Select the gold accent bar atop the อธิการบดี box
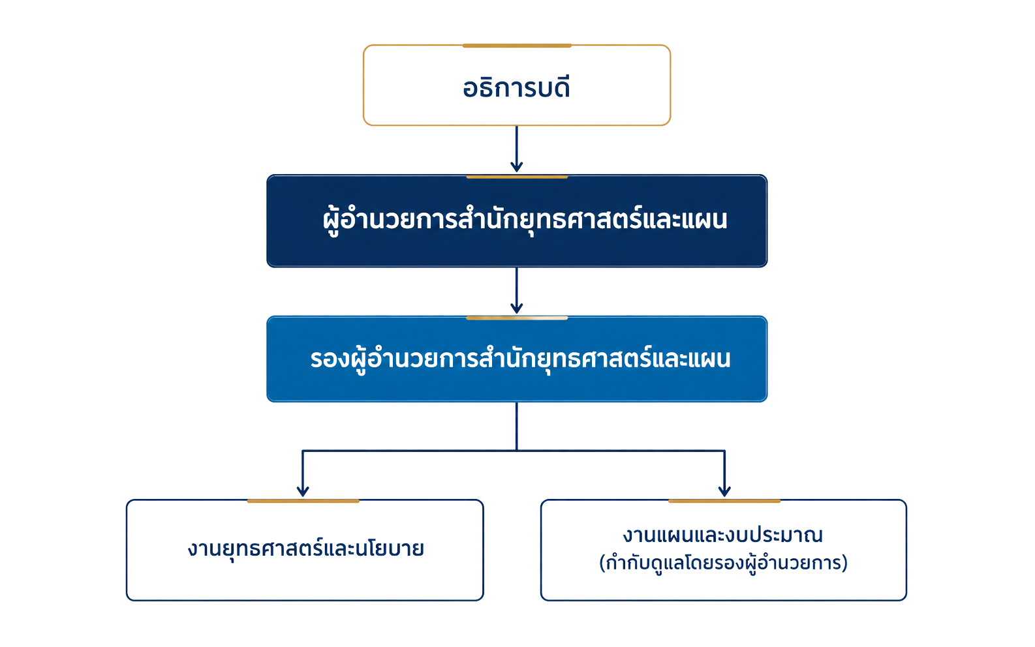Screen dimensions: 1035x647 pos(517,46)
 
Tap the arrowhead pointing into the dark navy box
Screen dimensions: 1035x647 pos(517,167)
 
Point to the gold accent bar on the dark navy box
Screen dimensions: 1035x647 pos(517,177)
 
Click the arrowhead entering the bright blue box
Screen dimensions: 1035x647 pos(517,308)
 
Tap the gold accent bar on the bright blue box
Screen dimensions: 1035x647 pos(517,318)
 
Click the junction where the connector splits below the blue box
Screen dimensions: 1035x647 pos(517,450)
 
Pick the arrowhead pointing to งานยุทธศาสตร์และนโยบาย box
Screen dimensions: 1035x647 pos(303,490)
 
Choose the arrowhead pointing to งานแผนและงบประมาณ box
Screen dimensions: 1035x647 pos(724,490)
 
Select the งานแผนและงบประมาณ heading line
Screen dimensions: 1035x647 pos(723,535)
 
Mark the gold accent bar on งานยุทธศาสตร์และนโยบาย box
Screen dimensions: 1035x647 pos(303,501)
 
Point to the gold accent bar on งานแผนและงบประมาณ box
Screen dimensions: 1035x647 pos(724,501)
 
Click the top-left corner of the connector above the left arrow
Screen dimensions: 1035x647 pos(303,450)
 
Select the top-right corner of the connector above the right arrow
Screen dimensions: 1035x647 pos(724,450)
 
